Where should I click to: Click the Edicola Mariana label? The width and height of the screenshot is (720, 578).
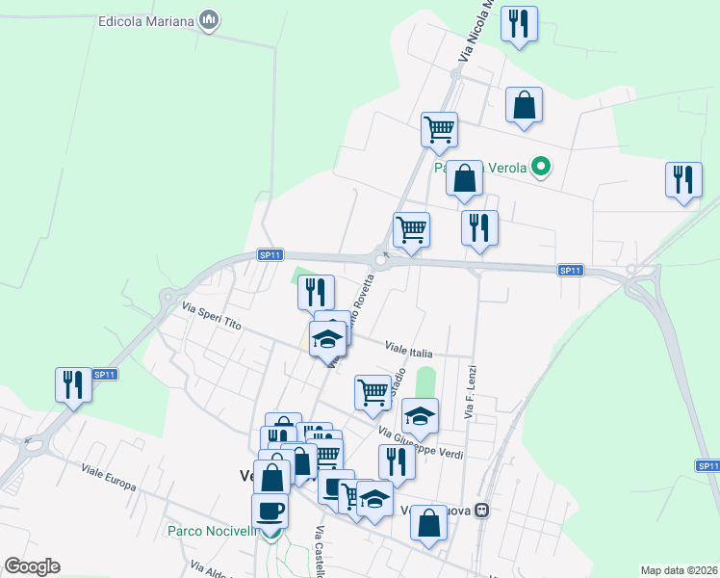tap(145, 21)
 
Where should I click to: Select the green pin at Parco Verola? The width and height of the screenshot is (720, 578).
tap(541, 168)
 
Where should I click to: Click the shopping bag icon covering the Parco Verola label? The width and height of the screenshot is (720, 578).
tap(465, 178)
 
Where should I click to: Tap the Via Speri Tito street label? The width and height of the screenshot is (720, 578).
tap(212, 317)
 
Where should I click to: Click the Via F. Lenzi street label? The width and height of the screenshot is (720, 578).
tap(471, 390)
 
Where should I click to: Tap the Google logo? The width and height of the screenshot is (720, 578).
tap(32, 566)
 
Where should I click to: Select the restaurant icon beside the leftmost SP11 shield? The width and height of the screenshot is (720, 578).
tap(73, 384)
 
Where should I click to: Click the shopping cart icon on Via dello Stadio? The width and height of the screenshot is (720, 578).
tap(373, 392)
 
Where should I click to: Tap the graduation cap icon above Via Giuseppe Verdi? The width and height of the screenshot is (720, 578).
tap(420, 416)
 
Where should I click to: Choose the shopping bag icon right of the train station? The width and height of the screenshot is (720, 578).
tap(429, 523)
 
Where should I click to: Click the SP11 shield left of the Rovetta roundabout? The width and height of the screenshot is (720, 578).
tap(270, 254)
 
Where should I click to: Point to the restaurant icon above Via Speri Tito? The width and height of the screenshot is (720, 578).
tap(316, 291)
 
